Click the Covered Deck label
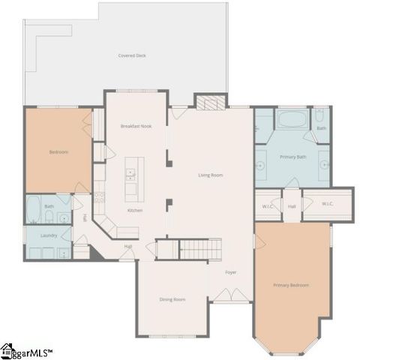coord(131,55)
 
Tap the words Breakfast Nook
coord(136,126)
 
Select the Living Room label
coord(211,175)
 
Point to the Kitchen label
coord(134,210)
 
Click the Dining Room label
coord(172,299)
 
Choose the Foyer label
coord(231,272)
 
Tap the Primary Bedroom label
coord(291,285)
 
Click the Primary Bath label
coord(292,157)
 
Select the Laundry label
coord(49,235)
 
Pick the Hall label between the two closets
coord(292,205)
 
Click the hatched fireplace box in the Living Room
coord(211,102)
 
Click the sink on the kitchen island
coord(130,175)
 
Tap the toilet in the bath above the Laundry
coord(48,217)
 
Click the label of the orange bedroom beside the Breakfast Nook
coord(58,152)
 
